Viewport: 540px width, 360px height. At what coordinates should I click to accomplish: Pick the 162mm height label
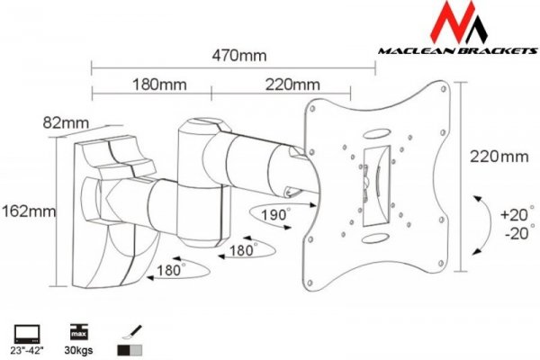pyautogui.click(x=29, y=211)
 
